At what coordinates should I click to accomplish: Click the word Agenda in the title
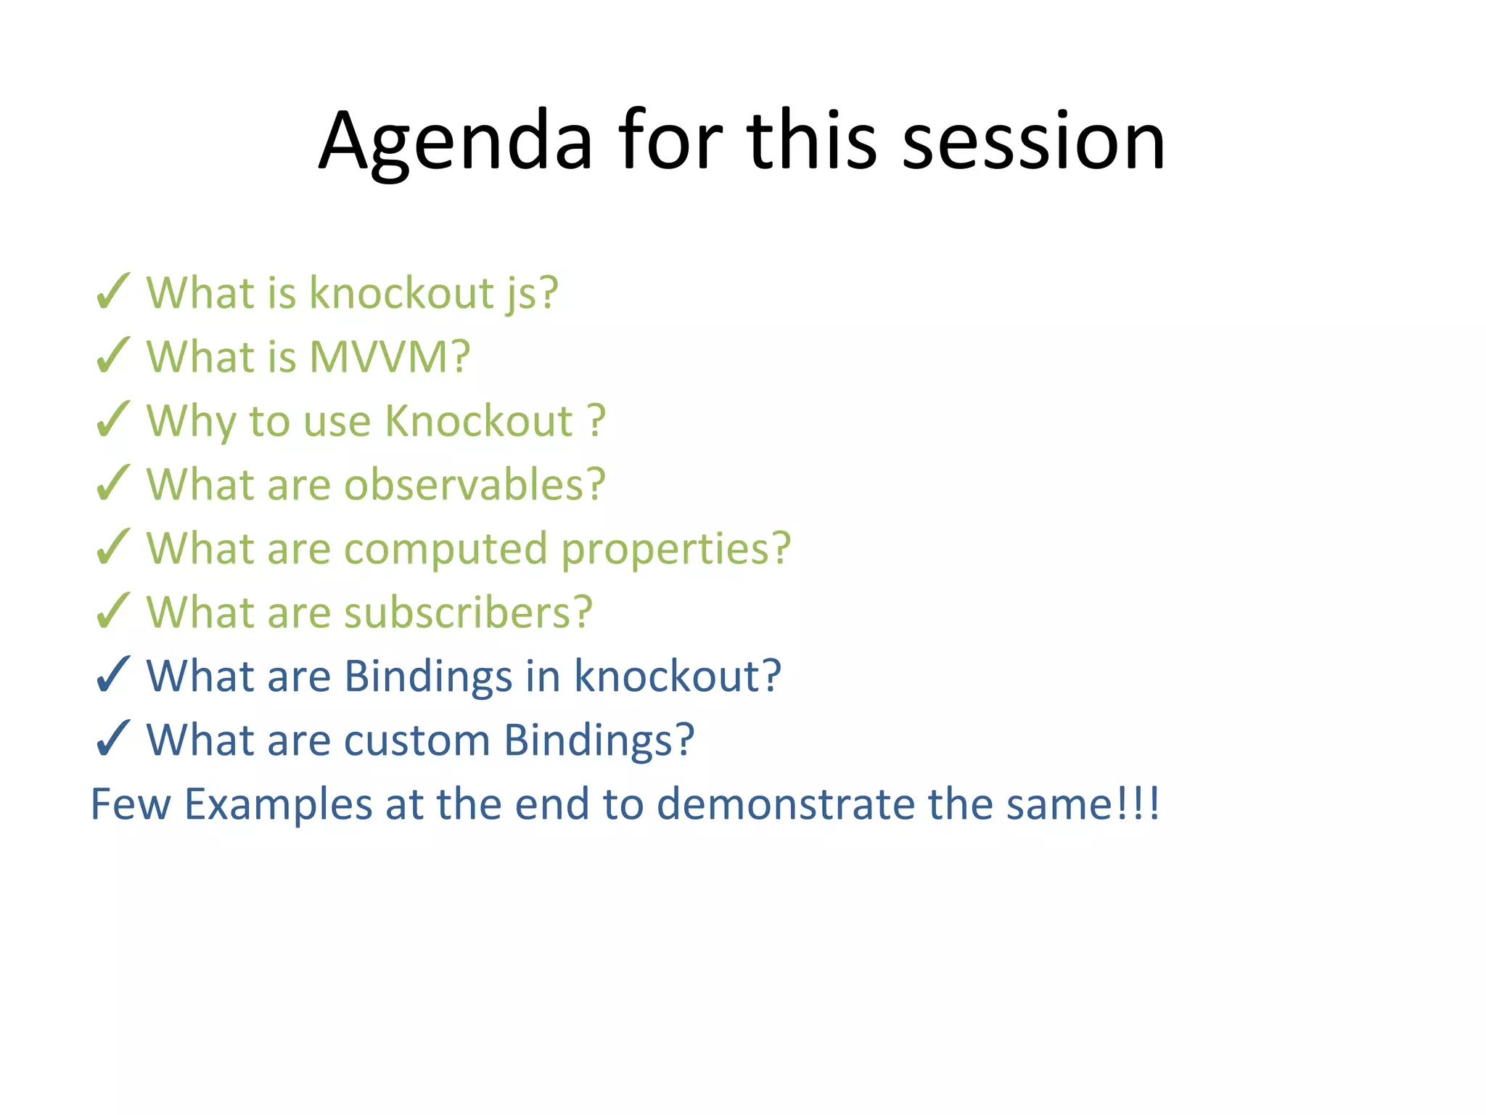tap(456, 142)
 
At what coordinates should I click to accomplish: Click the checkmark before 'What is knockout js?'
tap(112, 292)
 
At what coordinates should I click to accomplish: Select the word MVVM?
tap(390, 356)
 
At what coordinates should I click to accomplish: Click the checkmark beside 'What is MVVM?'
tap(112, 356)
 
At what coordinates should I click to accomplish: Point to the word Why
tap(191, 421)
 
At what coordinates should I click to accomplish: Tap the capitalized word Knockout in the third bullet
tap(478, 420)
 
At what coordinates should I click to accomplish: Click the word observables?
tap(475, 484)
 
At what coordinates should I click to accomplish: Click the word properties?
tap(676, 549)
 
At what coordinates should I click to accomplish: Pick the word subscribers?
tap(468, 612)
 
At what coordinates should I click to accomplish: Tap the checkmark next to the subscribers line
tap(112, 611)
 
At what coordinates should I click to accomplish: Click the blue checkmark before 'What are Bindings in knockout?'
tap(112, 675)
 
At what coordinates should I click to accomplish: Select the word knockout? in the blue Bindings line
tap(678, 676)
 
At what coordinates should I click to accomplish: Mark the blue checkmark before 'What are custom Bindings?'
tap(112, 739)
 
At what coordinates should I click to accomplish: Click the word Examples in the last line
tap(278, 804)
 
